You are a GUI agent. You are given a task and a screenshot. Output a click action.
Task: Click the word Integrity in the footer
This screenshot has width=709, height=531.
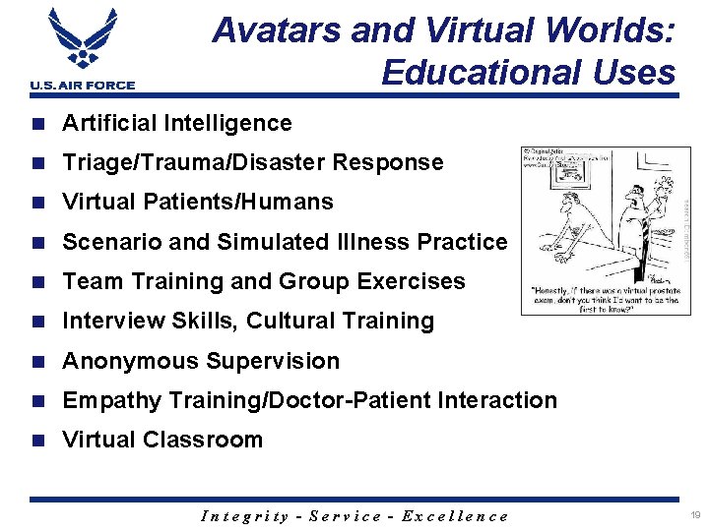[x=244, y=516]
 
